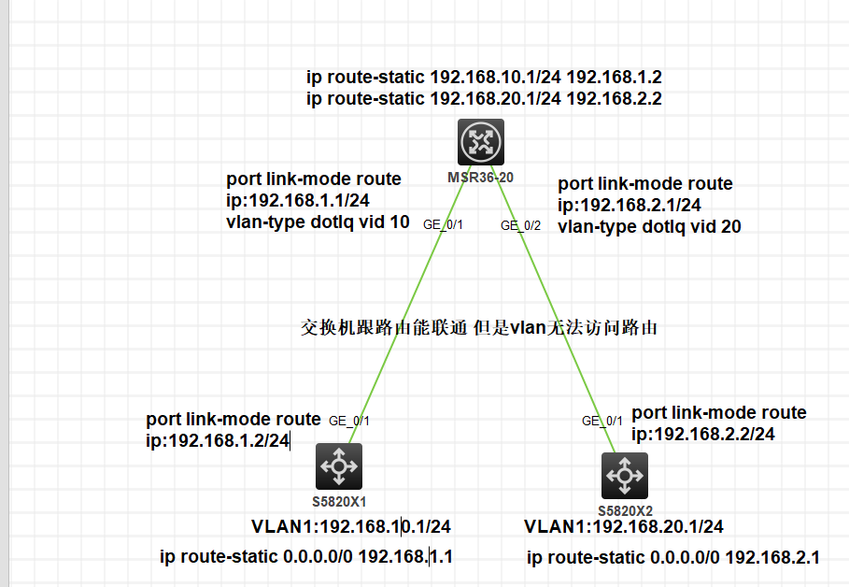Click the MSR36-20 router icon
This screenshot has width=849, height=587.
(x=481, y=142)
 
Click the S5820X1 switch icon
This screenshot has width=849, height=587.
(x=338, y=465)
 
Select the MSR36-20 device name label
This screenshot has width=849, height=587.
(x=481, y=176)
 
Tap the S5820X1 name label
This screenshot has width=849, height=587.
(x=338, y=500)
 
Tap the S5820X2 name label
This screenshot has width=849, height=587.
(x=625, y=510)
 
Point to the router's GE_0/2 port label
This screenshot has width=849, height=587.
(x=520, y=224)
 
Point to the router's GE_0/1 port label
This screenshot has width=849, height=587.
(x=444, y=224)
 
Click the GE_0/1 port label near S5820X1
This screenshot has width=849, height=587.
(x=349, y=421)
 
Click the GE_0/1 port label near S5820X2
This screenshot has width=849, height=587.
(x=601, y=421)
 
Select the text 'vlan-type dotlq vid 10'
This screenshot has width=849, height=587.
(x=318, y=222)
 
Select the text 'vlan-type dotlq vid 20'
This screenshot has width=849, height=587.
(x=649, y=225)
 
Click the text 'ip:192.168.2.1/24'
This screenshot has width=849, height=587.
(x=630, y=205)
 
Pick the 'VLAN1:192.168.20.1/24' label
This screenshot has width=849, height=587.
(x=623, y=527)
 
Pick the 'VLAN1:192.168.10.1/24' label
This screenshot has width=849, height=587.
(x=350, y=526)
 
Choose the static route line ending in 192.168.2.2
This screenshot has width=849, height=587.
(x=484, y=98)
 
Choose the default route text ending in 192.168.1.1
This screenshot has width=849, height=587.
(x=306, y=557)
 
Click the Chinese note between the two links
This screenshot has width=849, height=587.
(x=479, y=327)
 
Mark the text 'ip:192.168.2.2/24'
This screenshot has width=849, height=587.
(x=703, y=434)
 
